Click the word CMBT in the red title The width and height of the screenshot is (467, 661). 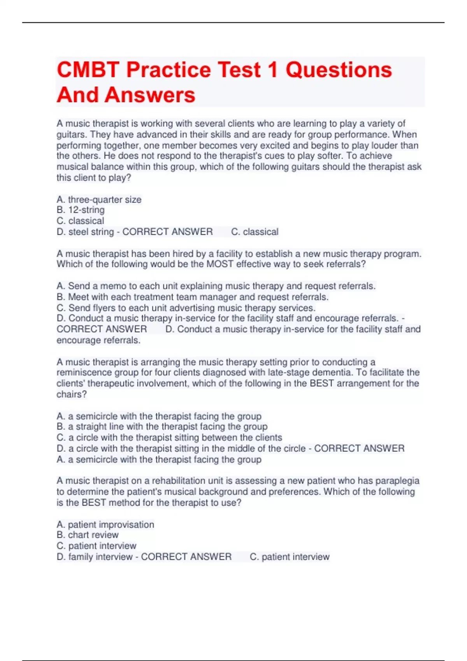point(88,70)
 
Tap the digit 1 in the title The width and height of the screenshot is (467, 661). point(272,70)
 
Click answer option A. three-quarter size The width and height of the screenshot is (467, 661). point(99,199)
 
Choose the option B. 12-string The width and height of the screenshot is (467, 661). point(81,210)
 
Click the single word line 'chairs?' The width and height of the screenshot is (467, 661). point(72,394)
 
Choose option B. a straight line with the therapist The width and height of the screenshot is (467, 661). point(162,427)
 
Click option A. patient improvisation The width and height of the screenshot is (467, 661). point(105,525)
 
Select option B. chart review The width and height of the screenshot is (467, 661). point(88,535)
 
